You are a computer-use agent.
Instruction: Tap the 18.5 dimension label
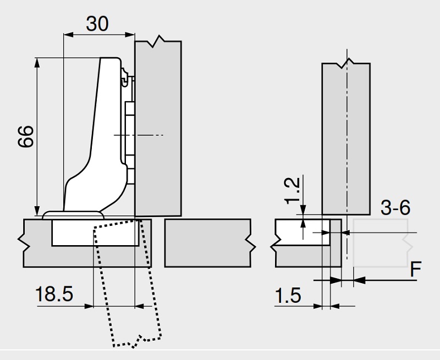point(54,294)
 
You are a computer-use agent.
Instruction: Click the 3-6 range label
point(395,208)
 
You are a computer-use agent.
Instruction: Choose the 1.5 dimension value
point(288,296)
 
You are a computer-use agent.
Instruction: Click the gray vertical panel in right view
point(345,137)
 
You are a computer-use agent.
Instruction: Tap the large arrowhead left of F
point(359,280)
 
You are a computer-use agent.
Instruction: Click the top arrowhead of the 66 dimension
point(37,62)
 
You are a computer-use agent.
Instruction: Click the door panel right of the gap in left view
point(208,242)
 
